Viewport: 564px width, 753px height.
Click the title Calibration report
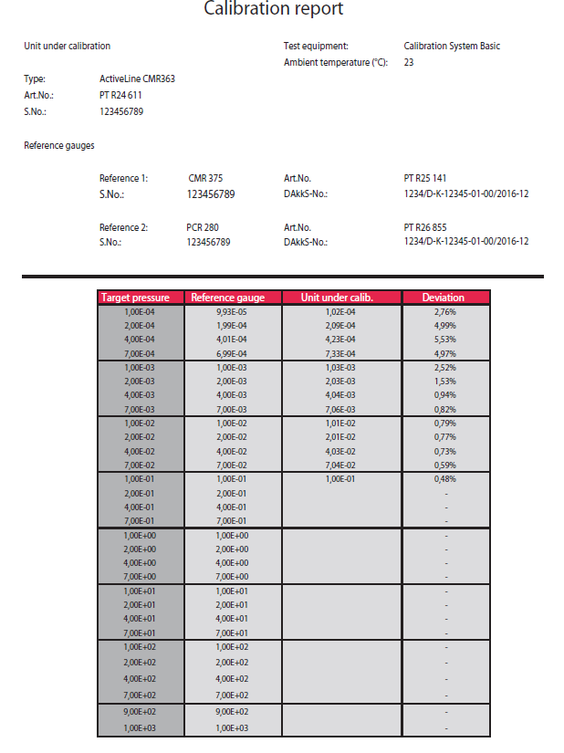click(x=273, y=10)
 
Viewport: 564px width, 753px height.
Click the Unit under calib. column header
click(x=339, y=298)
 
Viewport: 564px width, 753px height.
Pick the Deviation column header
click(x=444, y=298)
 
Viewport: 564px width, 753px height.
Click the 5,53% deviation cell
click(x=444, y=339)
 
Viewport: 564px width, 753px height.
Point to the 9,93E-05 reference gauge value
click(x=232, y=311)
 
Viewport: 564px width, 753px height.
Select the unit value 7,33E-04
click(x=339, y=353)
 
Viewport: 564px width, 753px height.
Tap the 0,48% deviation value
click(x=444, y=479)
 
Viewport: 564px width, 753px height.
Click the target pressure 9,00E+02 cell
click(x=140, y=711)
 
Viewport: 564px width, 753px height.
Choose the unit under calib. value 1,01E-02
click(x=339, y=424)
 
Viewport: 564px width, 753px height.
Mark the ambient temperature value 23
click(x=409, y=62)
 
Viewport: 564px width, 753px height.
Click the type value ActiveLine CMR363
click(x=137, y=78)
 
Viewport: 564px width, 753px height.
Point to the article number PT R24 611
click(x=120, y=95)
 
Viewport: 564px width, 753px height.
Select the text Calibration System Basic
click(x=452, y=46)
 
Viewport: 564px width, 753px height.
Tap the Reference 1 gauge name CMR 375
click(x=204, y=178)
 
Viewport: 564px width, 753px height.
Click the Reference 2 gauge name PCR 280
click(x=202, y=226)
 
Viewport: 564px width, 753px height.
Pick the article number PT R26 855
click(x=424, y=226)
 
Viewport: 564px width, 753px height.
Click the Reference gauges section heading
click(x=59, y=145)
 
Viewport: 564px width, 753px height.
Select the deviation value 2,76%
click(x=444, y=311)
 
